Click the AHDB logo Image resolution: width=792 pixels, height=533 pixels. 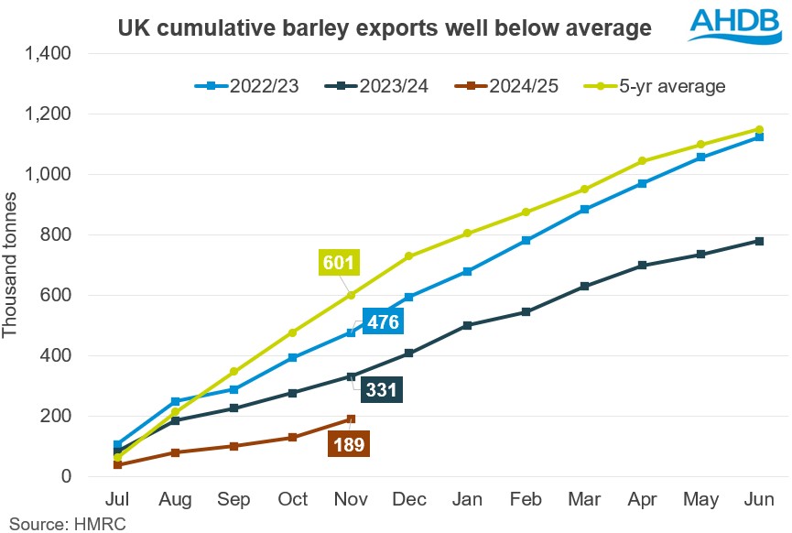tap(727, 27)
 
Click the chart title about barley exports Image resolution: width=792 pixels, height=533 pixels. tap(385, 28)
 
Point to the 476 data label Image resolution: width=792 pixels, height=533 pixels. tap(380, 321)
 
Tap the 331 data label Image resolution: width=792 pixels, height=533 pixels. tap(381, 389)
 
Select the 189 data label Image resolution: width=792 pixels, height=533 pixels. tap(348, 445)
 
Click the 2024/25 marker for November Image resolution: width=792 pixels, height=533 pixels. tap(351, 419)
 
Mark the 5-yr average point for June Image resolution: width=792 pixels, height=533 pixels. tap(759, 129)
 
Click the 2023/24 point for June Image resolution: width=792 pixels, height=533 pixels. tap(759, 241)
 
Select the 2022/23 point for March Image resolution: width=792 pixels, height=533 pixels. tap(584, 210)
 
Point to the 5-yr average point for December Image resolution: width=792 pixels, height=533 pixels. tap(409, 256)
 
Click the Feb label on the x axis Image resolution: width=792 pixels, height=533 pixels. tap(526, 500)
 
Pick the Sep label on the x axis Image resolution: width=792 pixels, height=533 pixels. tap(233, 500)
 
